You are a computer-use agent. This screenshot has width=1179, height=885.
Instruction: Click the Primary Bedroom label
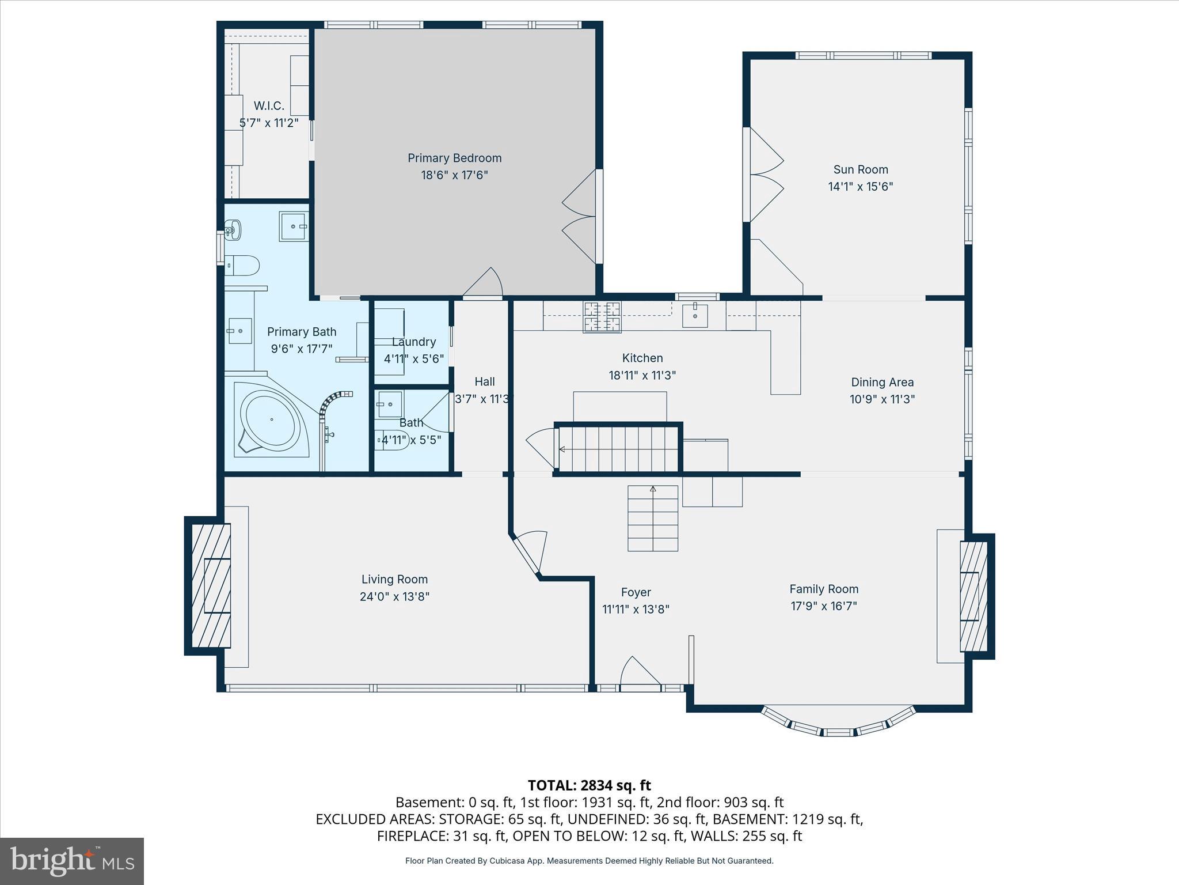[454, 158]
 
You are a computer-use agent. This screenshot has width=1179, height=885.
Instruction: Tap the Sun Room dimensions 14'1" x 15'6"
[860, 187]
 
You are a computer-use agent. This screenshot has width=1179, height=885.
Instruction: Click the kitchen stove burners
[603, 317]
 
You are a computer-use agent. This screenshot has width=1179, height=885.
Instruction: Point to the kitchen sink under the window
[695, 315]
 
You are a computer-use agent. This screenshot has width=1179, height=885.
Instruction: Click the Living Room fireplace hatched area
[211, 585]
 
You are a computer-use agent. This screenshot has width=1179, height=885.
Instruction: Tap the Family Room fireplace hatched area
[973, 596]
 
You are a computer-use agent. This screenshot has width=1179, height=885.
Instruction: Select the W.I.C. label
[269, 106]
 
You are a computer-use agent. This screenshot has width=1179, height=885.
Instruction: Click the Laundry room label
[413, 342]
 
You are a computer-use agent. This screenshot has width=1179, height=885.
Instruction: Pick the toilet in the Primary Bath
[242, 266]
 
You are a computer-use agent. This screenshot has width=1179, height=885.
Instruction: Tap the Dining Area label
[882, 382]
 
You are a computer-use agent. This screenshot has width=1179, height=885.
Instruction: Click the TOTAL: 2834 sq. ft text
[589, 785]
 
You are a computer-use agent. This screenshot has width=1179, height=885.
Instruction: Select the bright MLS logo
[71, 861]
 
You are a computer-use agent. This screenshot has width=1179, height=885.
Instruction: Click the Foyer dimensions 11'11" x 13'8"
[636, 609]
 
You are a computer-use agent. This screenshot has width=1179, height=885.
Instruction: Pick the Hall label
[484, 381]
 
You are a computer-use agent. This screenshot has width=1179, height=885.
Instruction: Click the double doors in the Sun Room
[765, 174]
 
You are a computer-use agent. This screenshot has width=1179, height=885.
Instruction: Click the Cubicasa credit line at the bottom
[589, 861]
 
